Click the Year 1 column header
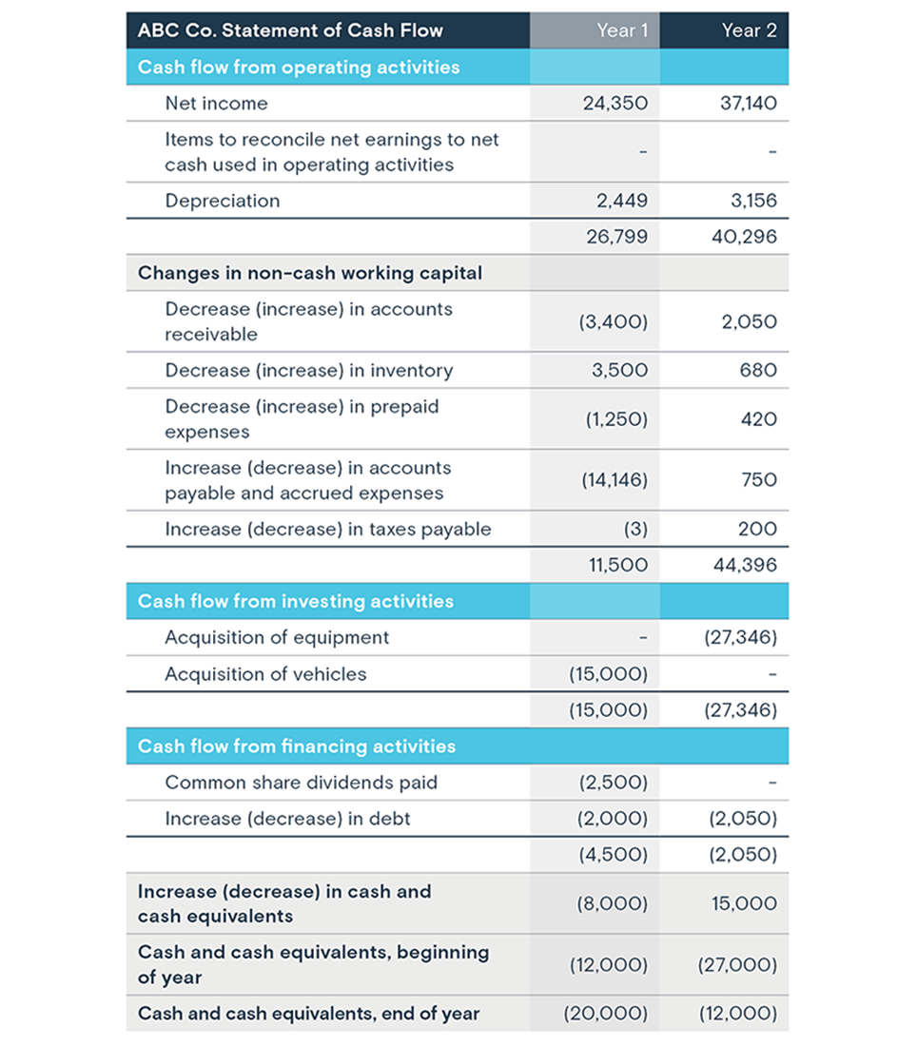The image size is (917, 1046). point(622,30)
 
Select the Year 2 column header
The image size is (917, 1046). point(749,30)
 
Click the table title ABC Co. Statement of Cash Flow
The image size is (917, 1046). point(290,30)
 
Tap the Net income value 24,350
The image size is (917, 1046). point(615,104)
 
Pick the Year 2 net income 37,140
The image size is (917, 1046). point(749,104)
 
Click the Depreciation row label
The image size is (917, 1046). point(223,201)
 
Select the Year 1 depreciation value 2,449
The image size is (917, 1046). point(621,201)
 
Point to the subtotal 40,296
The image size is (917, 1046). point(744,237)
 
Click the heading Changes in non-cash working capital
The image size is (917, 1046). point(310,273)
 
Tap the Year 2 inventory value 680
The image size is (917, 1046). point(759,370)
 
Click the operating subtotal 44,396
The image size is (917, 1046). point(744,565)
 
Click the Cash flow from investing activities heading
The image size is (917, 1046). point(296,601)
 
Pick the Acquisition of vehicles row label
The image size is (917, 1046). point(265,674)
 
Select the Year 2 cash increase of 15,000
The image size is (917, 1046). point(744,903)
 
